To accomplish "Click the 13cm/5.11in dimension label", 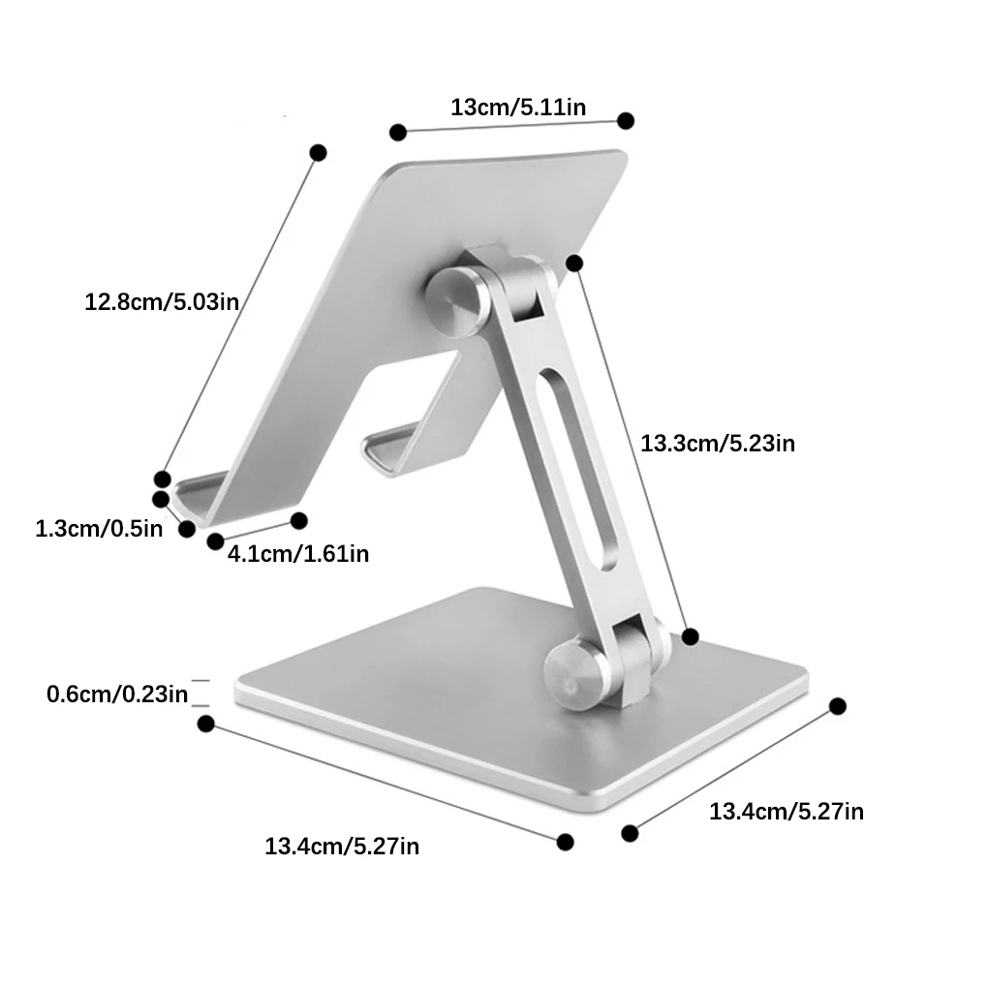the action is pyautogui.click(x=518, y=108).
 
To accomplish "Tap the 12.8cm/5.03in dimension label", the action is pyautogui.click(x=162, y=302).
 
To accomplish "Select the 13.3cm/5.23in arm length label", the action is pyautogui.click(x=718, y=444).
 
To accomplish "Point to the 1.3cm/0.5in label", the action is pyautogui.click(x=99, y=529).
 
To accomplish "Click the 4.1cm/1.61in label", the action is pyautogui.click(x=298, y=554).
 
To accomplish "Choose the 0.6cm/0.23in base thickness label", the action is pyautogui.click(x=117, y=695).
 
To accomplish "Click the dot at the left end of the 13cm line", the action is pyautogui.click(x=398, y=133).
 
